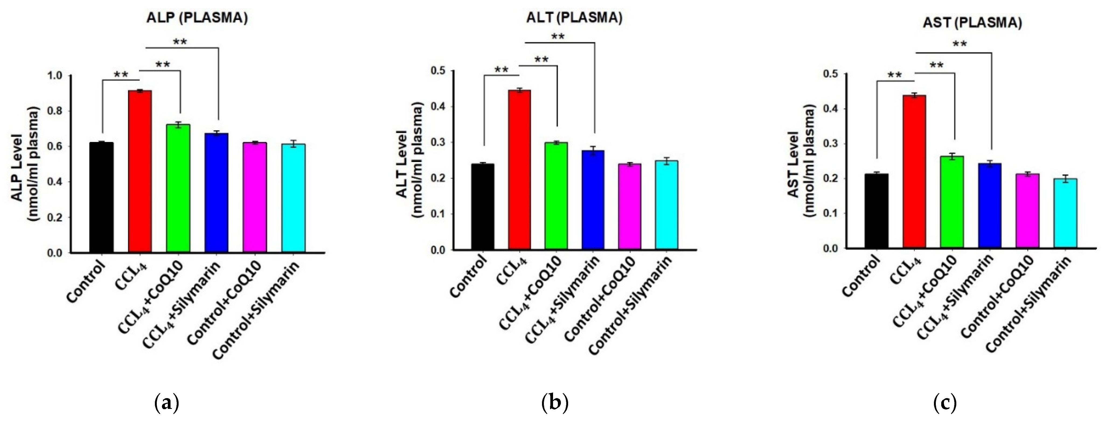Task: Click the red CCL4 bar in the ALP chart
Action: tap(140, 171)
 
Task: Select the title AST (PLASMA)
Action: tap(972, 23)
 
